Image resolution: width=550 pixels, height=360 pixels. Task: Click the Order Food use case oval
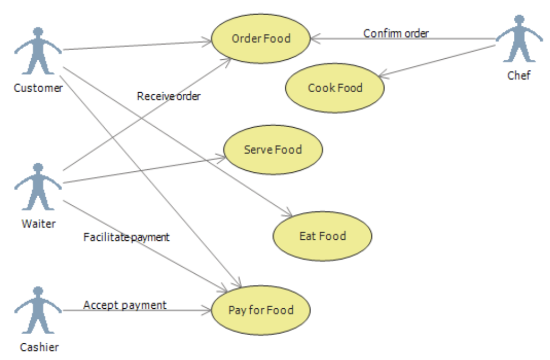[x=261, y=39]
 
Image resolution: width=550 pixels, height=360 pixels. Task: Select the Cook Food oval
[x=335, y=88]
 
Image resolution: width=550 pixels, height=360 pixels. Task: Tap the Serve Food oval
[x=273, y=150]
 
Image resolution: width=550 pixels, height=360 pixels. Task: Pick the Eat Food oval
[x=322, y=236]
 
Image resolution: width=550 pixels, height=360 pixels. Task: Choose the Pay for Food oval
[x=261, y=310]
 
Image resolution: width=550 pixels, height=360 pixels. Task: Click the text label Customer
[x=38, y=88]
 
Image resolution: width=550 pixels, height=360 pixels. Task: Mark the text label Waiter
[x=38, y=223]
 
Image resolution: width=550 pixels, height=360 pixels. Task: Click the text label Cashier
[x=39, y=347]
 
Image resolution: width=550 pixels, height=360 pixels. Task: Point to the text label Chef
[x=519, y=75]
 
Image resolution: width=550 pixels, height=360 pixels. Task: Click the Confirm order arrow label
[x=396, y=33]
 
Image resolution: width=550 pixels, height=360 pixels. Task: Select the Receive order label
[x=169, y=96]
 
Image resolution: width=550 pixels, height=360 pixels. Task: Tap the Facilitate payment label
[x=127, y=237]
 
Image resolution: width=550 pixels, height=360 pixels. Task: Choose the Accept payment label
[x=125, y=306]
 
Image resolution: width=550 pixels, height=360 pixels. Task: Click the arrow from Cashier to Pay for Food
[x=135, y=310]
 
